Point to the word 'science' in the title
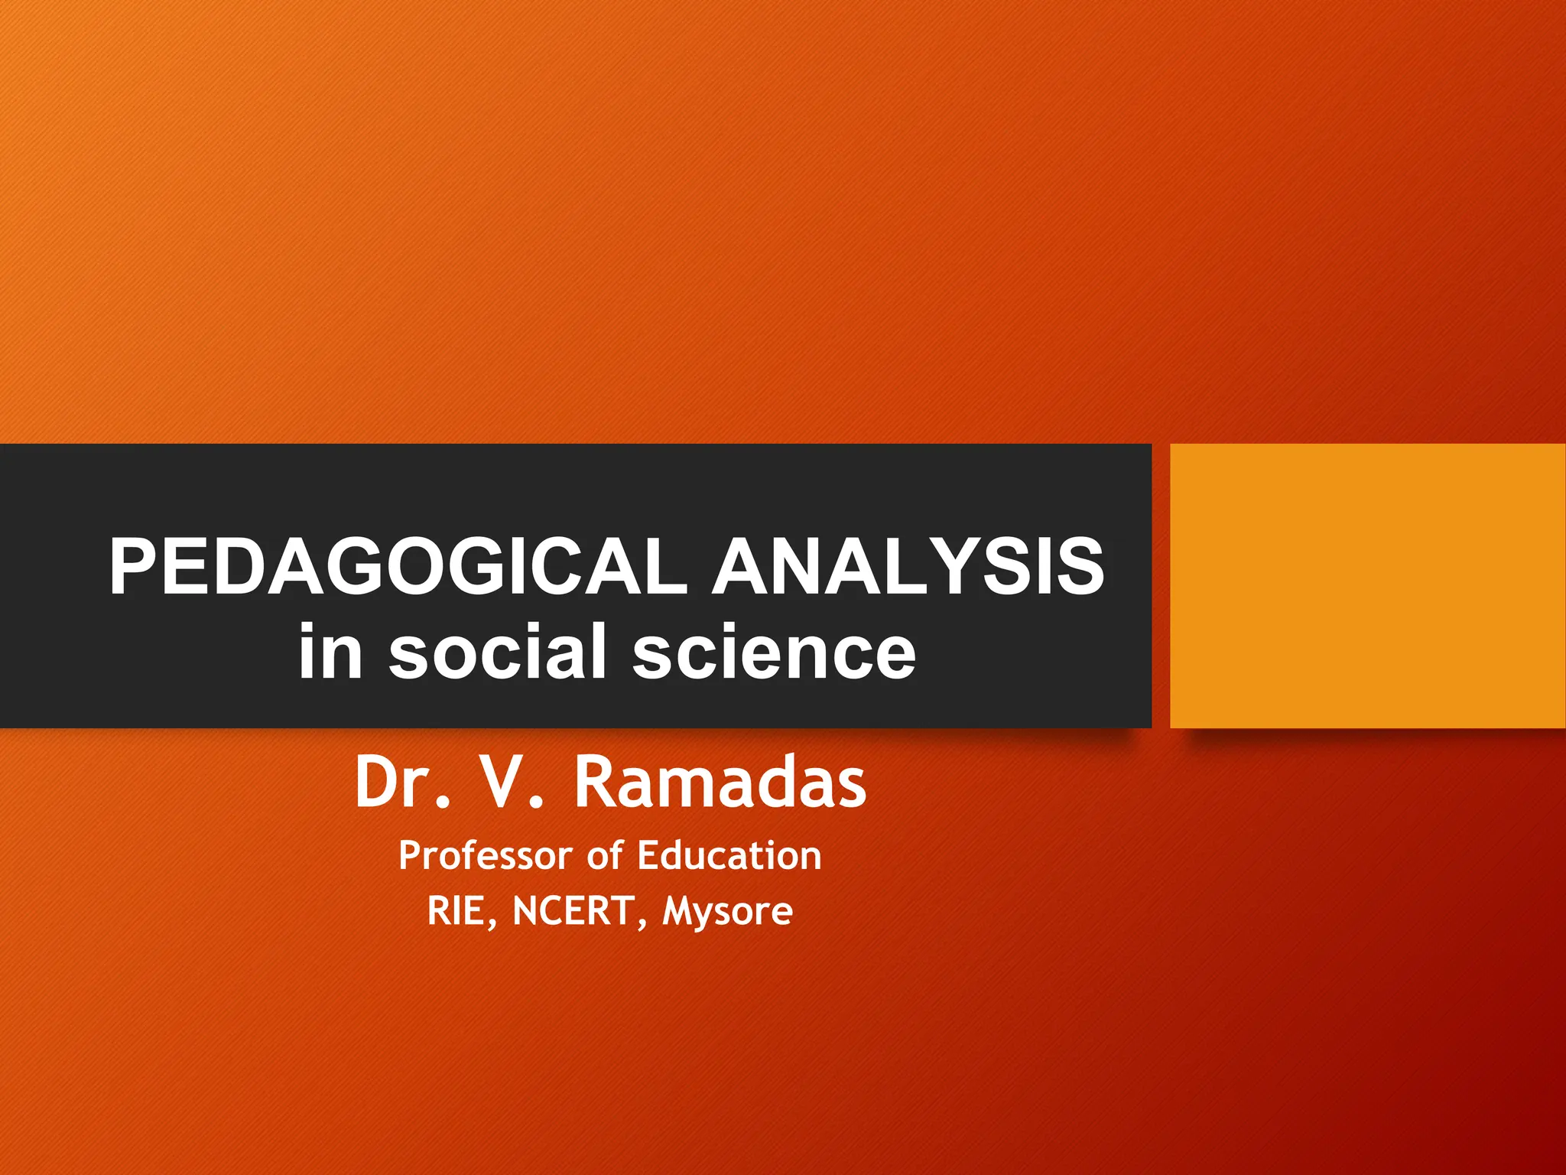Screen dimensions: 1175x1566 774,651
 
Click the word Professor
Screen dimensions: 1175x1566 486,855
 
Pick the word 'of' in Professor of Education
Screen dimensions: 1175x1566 605,855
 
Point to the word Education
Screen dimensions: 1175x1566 729,855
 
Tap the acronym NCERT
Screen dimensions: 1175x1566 573,911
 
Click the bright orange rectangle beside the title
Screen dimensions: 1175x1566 1367,585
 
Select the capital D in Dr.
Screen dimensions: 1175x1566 379,783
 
